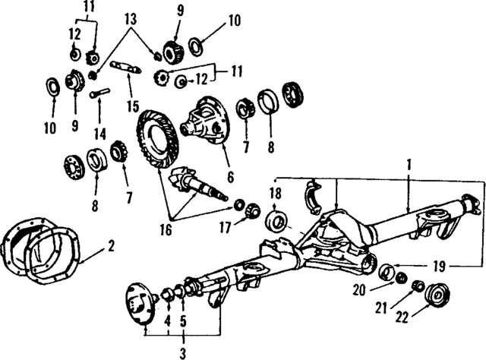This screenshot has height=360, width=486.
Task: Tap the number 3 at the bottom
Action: (183, 352)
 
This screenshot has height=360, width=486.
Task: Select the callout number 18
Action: (275, 194)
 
